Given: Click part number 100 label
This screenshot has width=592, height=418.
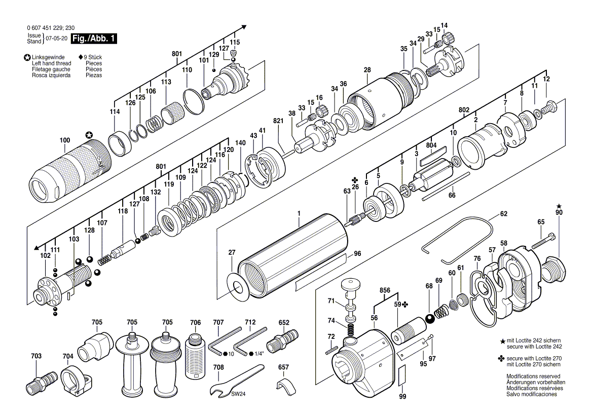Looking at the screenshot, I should pyautogui.click(x=64, y=140).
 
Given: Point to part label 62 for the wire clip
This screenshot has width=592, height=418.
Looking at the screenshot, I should pyautogui.click(x=503, y=214).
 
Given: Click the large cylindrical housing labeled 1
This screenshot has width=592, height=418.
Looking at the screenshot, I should pyautogui.click(x=294, y=253).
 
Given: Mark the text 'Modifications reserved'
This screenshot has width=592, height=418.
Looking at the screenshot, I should pyautogui.click(x=532, y=376).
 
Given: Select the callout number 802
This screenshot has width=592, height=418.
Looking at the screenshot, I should pyautogui.click(x=464, y=109).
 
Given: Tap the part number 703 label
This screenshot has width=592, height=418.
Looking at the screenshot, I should pyautogui.click(x=36, y=356).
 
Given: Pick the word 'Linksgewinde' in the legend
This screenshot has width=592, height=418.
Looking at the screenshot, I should pyautogui.click(x=48, y=57).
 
